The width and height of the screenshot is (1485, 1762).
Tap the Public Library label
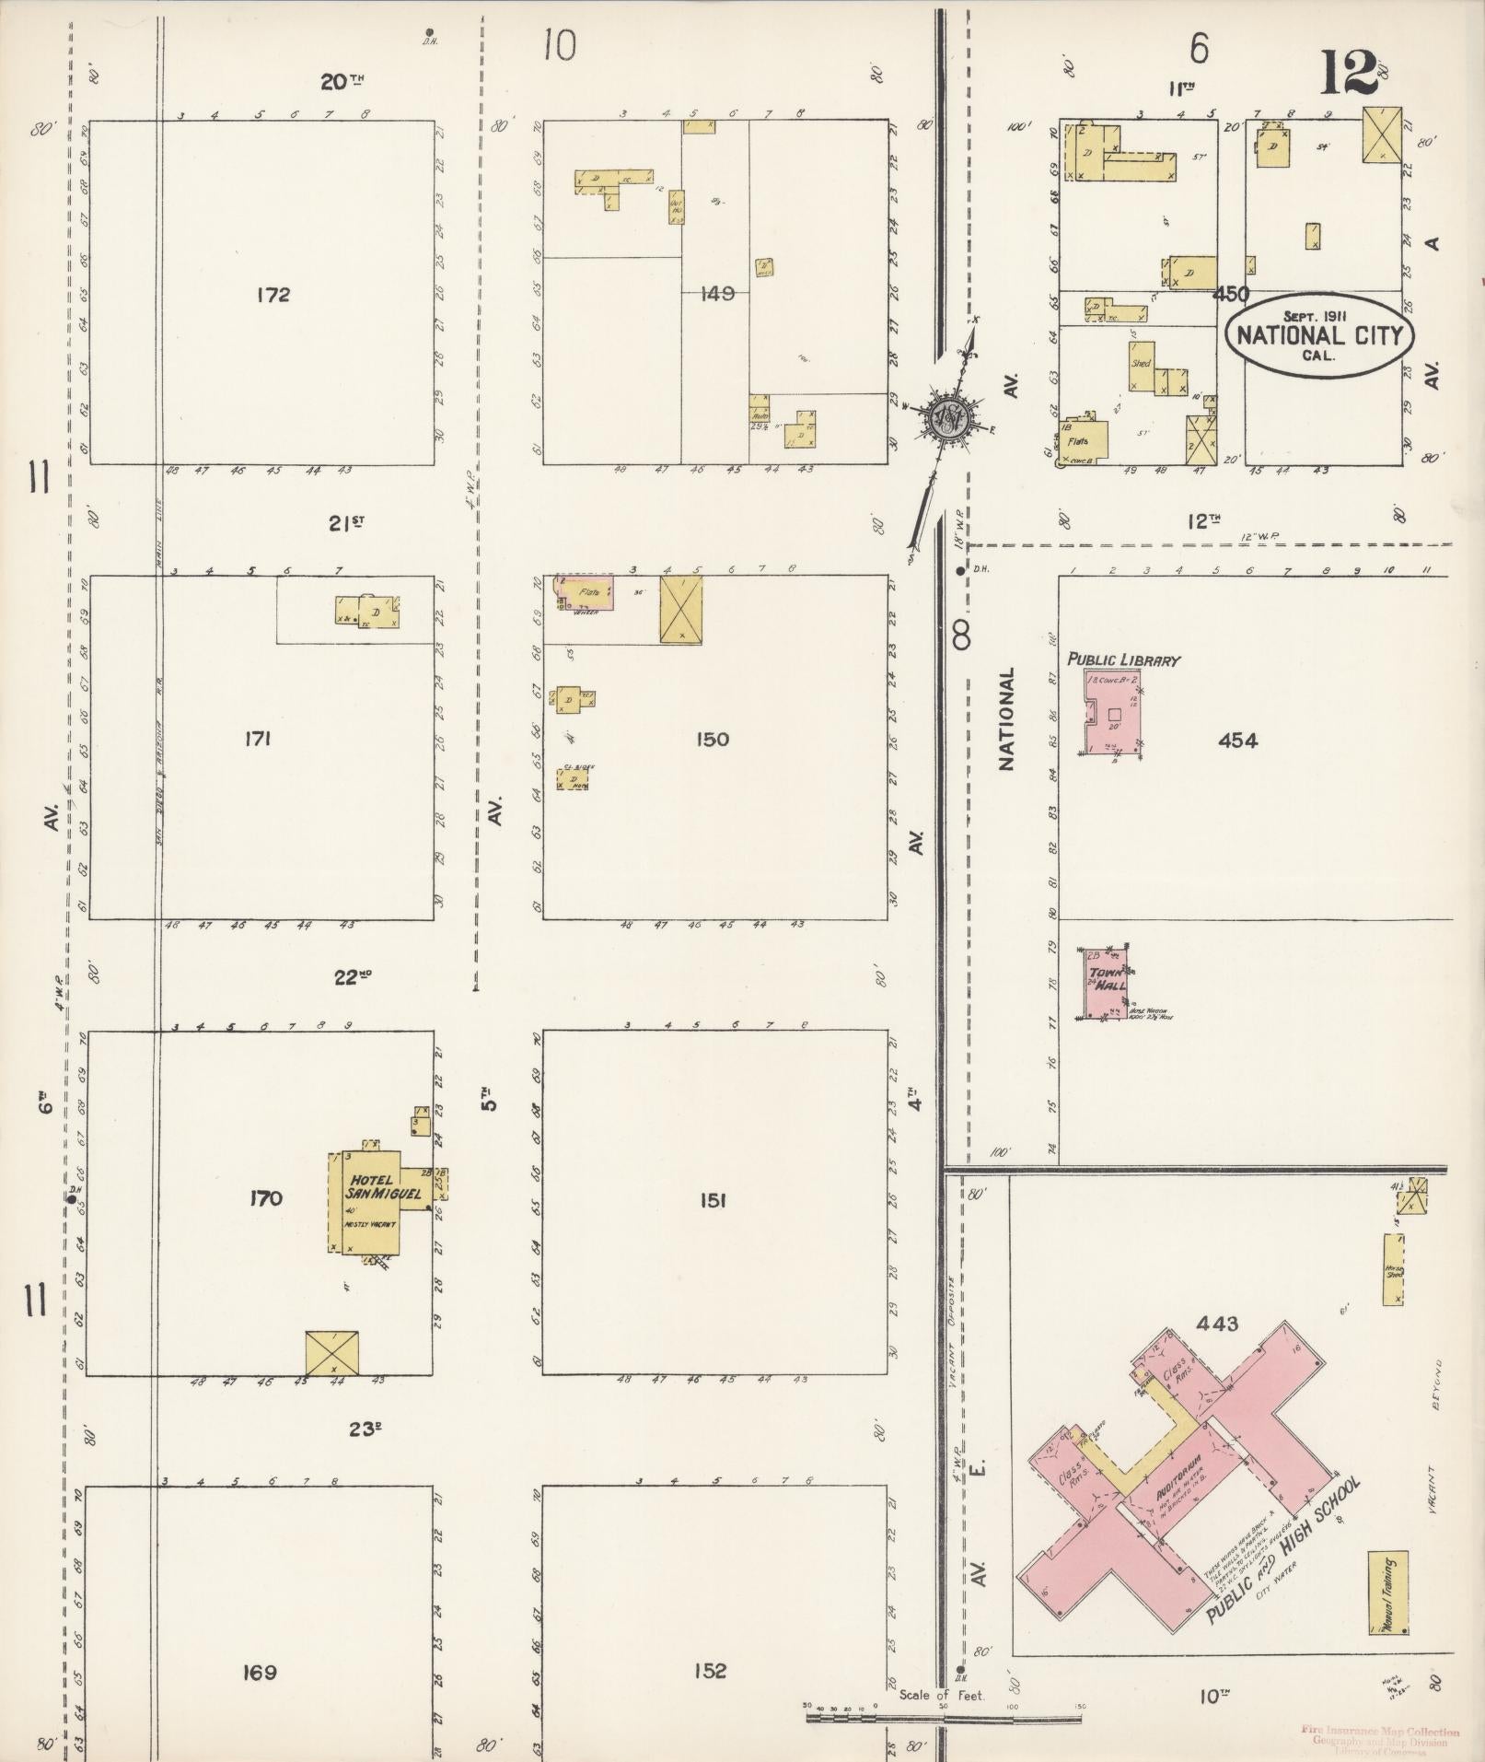pyautogui.click(x=1123, y=659)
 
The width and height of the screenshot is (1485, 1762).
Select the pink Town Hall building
pyautogui.click(x=1108, y=982)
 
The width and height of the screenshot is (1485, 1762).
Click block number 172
pyautogui.click(x=273, y=295)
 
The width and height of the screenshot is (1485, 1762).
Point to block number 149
pyautogui.click(x=716, y=294)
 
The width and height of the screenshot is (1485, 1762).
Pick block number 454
pyautogui.click(x=1236, y=741)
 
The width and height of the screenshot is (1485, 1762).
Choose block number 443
pyautogui.click(x=1216, y=1324)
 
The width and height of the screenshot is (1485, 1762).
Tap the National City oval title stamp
pyautogui.click(x=1318, y=333)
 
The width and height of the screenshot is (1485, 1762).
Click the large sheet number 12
pyautogui.click(x=1349, y=74)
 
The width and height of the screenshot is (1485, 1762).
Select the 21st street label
pyautogui.click(x=346, y=523)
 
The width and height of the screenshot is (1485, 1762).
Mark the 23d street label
pyautogui.click(x=365, y=1429)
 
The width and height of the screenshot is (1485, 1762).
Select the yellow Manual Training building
pyautogui.click(x=1388, y=1592)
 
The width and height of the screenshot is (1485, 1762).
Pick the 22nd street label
pyautogui.click(x=352, y=977)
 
